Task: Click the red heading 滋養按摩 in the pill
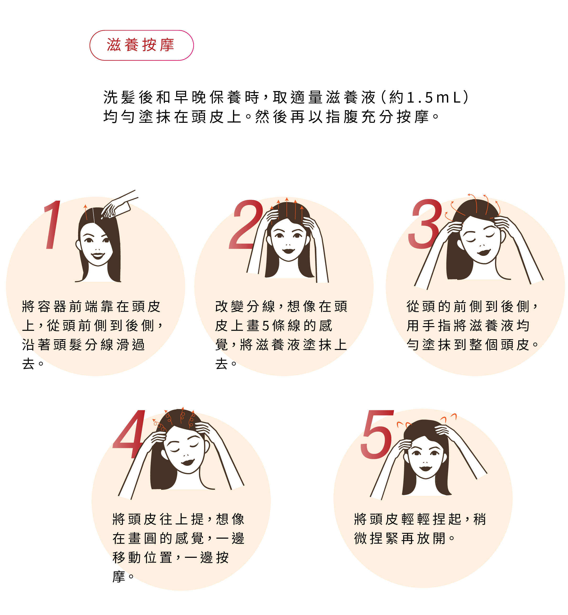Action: pos(141,45)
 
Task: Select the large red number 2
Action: pos(246,225)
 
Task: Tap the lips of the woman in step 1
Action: pos(98,255)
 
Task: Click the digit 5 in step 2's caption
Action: pos(266,326)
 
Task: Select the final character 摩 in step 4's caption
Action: pos(119,576)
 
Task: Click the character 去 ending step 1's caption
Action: pos(28,364)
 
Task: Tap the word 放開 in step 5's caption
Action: pos(431,538)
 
